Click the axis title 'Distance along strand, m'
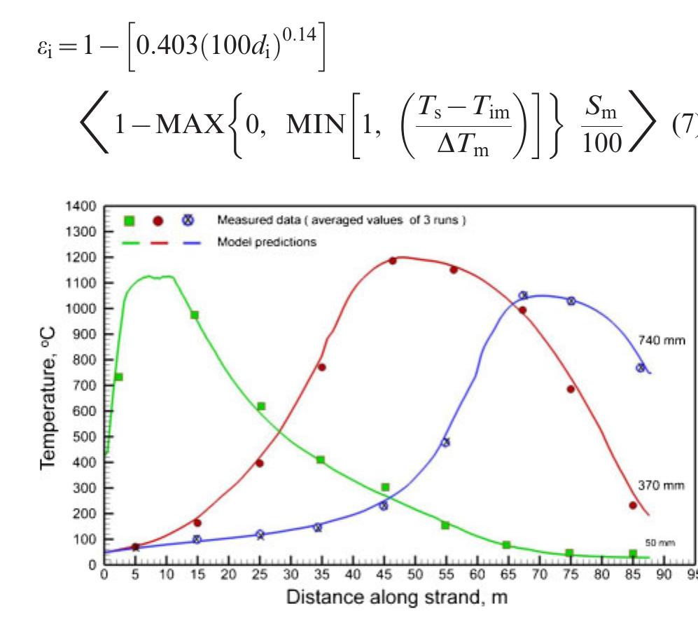point(397,598)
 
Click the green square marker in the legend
point(129,221)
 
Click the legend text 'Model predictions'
point(267,242)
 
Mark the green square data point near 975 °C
point(195,315)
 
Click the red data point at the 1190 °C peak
point(393,261)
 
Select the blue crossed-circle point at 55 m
point(445,442)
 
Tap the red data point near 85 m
point(633,505)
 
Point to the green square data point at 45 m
point(385,487)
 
